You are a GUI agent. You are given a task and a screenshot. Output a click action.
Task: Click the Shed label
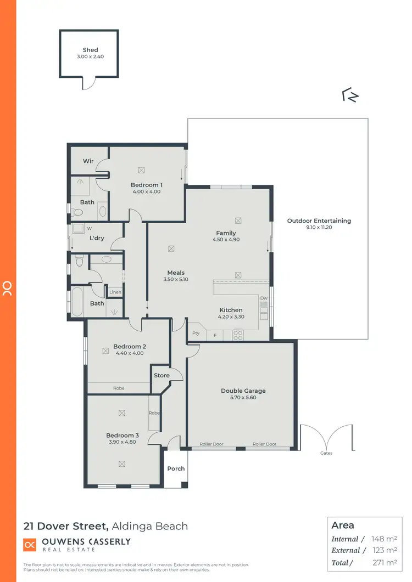pyautogui.click(x=90, y=50)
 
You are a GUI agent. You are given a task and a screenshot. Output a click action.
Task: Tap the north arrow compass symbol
pyautogui.click(x=350, y=95)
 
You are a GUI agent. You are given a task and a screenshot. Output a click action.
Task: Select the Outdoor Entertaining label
pyautogui.click(x=319, y=221)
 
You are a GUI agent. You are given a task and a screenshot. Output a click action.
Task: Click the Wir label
pyautogui.click(x=88, y=161)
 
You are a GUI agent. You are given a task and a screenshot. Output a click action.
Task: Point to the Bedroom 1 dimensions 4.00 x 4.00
pyautogui.click(x=146, y=192)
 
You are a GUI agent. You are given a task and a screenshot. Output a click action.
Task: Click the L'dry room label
pyautogui.click(x=97, y=238)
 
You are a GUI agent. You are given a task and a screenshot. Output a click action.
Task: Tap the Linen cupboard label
pyautogui.click(x=115, y=292)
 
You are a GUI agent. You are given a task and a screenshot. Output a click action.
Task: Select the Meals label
pyautogui.click(x=176, y=273)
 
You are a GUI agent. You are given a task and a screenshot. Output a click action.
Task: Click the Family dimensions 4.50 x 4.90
pyautogui.click(x=226, y=240)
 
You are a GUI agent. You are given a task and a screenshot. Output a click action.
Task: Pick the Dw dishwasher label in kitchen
pyautogui.click(x=264, y=298)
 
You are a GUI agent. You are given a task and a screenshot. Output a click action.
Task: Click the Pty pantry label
pyautogui.click(x=196, y=334)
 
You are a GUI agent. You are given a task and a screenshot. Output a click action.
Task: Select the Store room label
pyautogui.click(x=162, y=376)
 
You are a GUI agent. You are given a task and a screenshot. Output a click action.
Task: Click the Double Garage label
pyautogui.click(x=243, y=391)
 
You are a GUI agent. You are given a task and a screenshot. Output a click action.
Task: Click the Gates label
pyautogui.click(x=326, y=453)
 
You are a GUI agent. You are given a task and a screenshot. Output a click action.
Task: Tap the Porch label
pyautogui.click(x=176, y=468)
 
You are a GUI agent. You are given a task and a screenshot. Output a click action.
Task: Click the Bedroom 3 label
pyautogui.click(x=123, y=436)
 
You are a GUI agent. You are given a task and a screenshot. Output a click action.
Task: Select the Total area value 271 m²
pyautogui.click(x=384, y=562)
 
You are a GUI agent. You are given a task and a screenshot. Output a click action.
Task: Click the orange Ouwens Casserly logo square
pyautogui.click(x=30, y=545)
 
